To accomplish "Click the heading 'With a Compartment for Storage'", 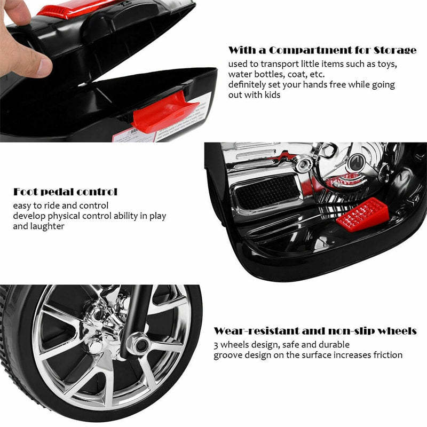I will [322, 51].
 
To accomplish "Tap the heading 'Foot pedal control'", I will [65, 192].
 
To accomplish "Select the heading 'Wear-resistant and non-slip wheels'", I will [315, 331].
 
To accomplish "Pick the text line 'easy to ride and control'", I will [61, 205].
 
